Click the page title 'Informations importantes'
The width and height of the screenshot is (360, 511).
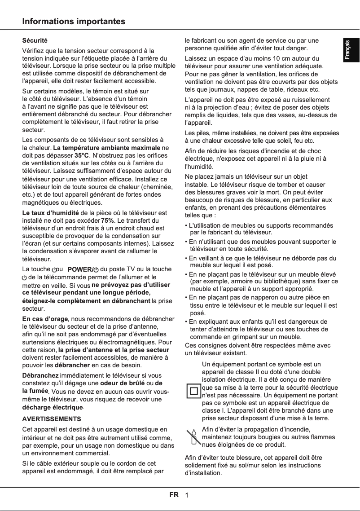click(74, 21)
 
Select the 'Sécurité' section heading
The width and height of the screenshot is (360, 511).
click(35, 41)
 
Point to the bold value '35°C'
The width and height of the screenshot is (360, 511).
click(82, 155)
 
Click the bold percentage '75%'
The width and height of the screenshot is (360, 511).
click(107, 220)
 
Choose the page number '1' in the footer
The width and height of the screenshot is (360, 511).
click(186, 495)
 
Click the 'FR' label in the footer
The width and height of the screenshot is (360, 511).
click(174, 495)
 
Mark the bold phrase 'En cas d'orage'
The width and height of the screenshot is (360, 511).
click(45, 319)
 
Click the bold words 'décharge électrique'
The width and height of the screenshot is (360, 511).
click(53, 408)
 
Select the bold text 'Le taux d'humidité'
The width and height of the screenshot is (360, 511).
click(51, 212)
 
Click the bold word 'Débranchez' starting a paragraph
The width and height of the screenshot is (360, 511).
click(40, 375)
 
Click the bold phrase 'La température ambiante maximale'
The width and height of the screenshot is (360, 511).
click(106, 148)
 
